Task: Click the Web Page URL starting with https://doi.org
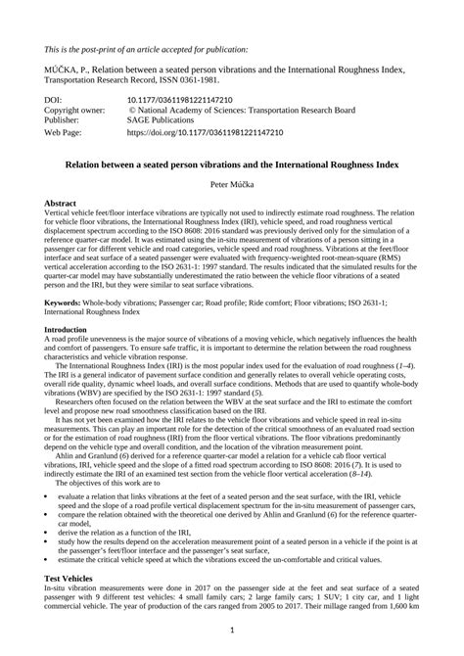[205, 130]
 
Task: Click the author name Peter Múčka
[232, 184]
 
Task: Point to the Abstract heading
[61, 204]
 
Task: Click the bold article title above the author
[232, 164]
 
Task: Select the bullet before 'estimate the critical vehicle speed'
[47, 559]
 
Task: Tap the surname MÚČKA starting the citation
[65, 70]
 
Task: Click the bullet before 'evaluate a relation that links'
[47, 496]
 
